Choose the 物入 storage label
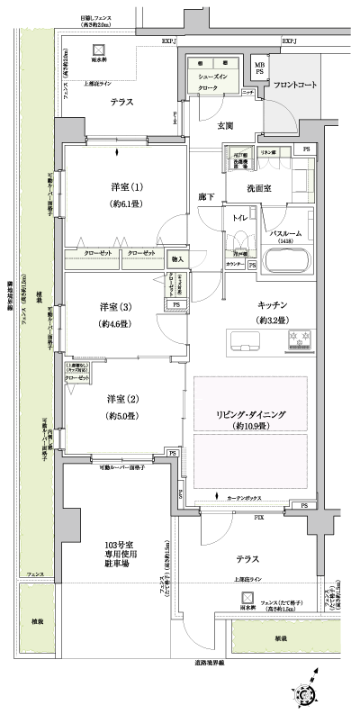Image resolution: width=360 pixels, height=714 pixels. tap(177, 260)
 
